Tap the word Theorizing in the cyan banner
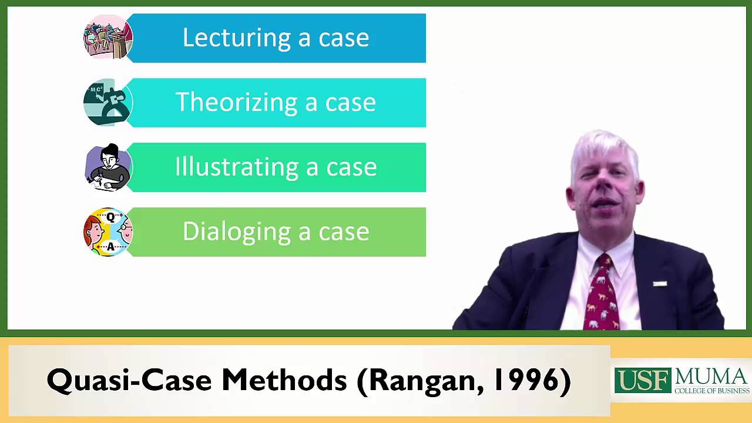(x=236, y=103)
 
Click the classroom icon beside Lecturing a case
(x=108, y=38)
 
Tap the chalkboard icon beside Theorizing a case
(x=108, y=103)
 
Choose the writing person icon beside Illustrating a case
(x=108, y=167)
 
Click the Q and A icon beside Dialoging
(x=108, y=232)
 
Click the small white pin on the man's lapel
(x=659, y=284)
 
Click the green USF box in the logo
(x=642, y=381)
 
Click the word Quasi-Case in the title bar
(x=130, y=381)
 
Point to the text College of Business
(x=711, y=391)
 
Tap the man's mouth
(x=605, y=203)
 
